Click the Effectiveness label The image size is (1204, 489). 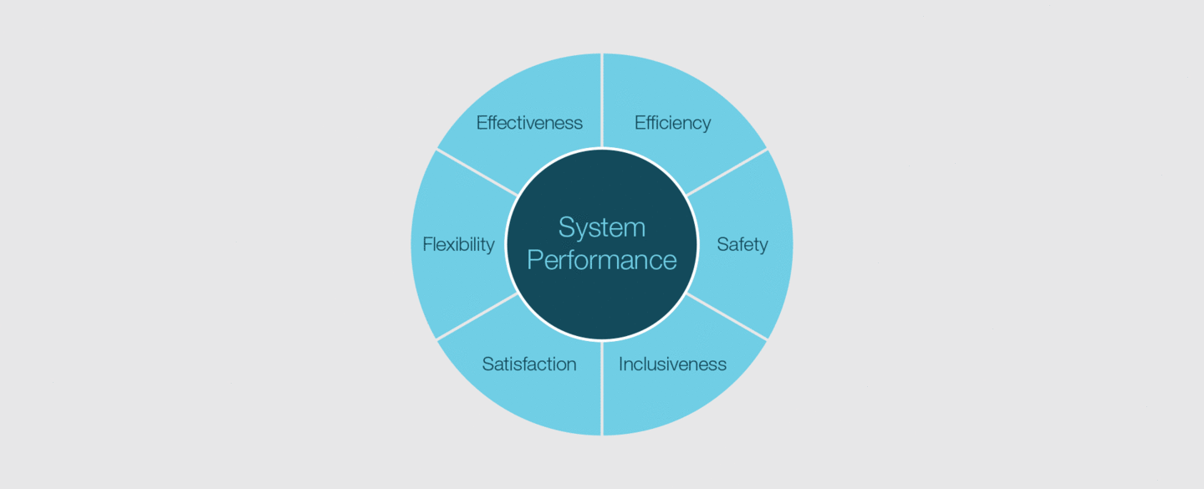click(x=529, y=123)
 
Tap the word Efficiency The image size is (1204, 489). click(x=672, y=123)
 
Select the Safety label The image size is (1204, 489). click(x=742, y=244)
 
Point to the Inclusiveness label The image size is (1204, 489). click(x=672, y=364)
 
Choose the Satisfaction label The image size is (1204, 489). click(x=529, y=364)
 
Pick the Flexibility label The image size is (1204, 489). click(x=458, y=244)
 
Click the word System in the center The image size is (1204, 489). click(x=601, y=227)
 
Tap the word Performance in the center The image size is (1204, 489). click(x=601, y=260)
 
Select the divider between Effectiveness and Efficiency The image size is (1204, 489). click(x=602, y=100)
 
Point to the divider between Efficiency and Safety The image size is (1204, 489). click(x=727, y=172)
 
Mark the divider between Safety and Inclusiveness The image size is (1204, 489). click(x=727, y=317)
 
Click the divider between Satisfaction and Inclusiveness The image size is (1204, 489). click(x=602, y=388)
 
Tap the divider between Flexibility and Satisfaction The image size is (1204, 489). click(x=477, y=317)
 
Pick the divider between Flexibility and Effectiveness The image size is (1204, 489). click(x=477, y=172)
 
